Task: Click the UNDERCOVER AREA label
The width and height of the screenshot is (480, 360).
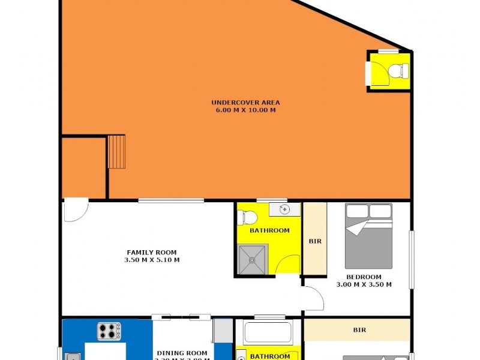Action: (245, 103)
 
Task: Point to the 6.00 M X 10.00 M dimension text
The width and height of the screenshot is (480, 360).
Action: (245, 110)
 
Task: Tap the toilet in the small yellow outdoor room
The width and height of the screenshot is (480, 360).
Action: (396, 71)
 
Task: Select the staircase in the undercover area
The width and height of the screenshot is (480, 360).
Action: (116, 152)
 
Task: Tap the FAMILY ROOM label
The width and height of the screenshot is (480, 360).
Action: (151, 253)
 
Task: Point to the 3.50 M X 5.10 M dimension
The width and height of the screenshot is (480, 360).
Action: (151, 260)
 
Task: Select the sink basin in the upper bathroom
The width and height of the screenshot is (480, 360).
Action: (284, 209)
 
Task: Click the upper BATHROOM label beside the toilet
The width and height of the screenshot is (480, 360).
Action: (269, 230)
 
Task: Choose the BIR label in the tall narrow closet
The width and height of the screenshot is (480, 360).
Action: (315, 242)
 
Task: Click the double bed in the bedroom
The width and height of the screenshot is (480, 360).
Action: (368, 236)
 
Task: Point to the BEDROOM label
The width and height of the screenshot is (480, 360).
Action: (364, 277)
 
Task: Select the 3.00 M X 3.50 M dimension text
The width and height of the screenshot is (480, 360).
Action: (364, 284)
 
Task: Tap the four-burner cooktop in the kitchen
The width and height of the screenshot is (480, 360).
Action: (109, 330)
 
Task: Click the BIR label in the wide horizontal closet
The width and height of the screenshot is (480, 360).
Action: (359, 330)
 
